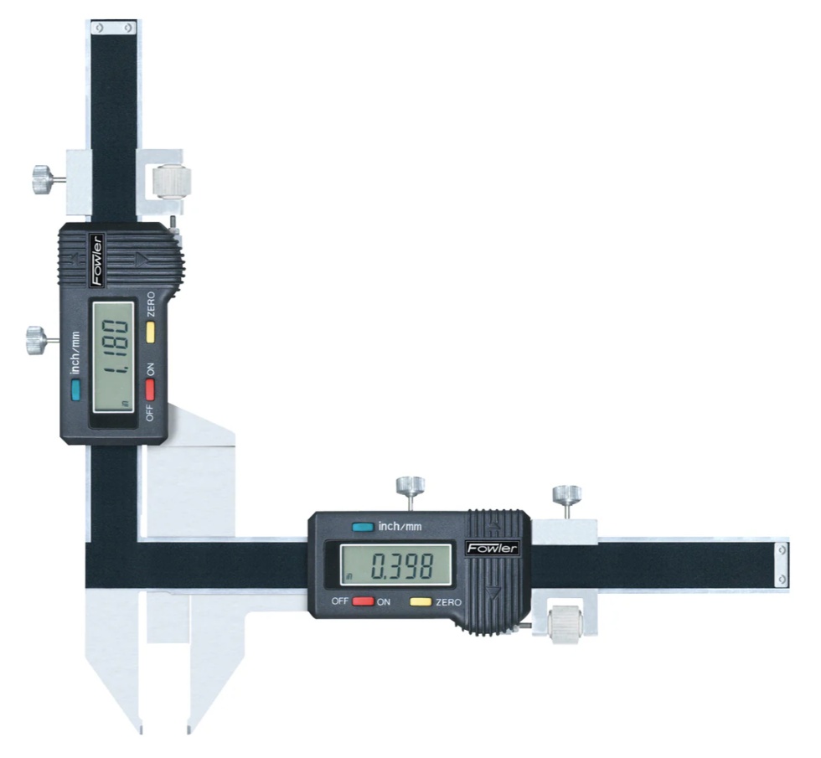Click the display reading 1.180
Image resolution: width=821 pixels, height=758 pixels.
[113, 353]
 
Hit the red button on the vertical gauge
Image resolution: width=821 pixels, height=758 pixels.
[151, 389]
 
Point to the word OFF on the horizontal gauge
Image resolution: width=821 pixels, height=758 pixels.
[339, 602]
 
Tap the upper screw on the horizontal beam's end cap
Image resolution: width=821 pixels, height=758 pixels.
[782, 549]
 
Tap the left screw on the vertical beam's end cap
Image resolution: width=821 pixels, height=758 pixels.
[100, 28]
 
